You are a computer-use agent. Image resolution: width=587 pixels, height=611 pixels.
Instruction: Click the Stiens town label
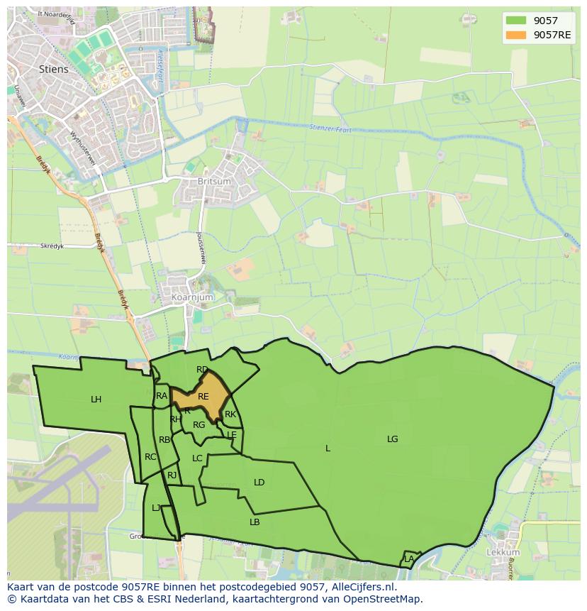click(x=55, y=69)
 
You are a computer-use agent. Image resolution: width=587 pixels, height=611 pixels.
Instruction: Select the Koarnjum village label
click(x=187, y=297)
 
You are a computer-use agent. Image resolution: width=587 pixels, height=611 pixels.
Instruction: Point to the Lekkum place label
click(x=503, y=552)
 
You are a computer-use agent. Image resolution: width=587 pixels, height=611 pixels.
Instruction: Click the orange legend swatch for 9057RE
click(x=516, y=35)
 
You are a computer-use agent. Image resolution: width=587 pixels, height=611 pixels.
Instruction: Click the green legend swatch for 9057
click(x=516, y=21)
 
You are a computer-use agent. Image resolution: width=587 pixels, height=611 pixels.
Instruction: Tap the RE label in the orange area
click(x=203, y=397)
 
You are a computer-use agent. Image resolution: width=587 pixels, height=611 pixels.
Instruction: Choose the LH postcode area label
click(x=96, y=400)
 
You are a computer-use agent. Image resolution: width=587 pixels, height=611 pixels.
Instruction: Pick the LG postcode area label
click(x=392, y=439)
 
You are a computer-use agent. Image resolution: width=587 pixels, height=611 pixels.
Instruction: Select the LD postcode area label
click(x=259, y=483)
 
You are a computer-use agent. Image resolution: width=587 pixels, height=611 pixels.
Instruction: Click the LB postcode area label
click(x=255, y=522)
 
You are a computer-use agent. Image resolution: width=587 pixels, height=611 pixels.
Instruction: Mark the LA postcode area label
click(x=409, y=559)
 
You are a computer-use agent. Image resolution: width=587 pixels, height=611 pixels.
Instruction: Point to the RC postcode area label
click(x=150, y=457)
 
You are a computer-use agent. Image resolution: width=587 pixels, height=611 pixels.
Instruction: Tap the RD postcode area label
click(x=202, y=370)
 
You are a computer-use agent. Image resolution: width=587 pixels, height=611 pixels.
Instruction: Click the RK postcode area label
click(x=230, y=414)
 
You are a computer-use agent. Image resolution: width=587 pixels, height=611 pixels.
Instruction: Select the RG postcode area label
click(x=199, y=425)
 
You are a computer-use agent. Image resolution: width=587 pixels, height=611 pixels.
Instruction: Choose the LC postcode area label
click(x=197, y=458)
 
